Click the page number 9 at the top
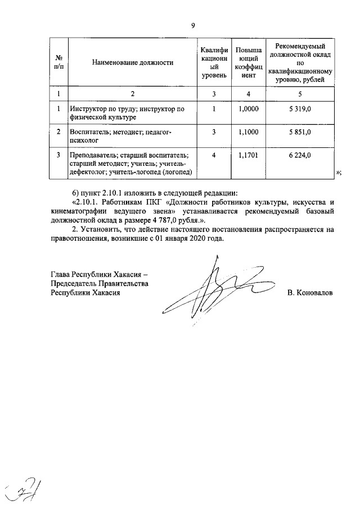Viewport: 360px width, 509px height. coord(192,25)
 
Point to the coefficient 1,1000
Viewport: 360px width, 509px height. coord(248,132)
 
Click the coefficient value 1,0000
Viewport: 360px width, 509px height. coord(248,109)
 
